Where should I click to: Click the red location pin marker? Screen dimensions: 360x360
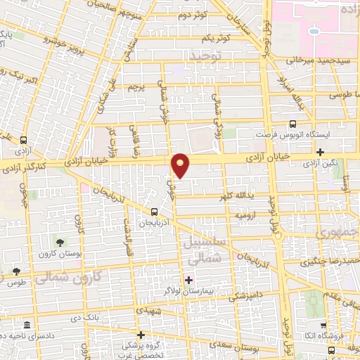(181, 165)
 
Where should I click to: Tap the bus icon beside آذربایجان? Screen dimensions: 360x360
(154, 211)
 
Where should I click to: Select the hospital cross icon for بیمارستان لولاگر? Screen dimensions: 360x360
(188, 280)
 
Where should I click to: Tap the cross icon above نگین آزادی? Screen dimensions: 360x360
(320, 152)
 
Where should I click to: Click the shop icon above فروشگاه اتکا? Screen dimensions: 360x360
(323, 326)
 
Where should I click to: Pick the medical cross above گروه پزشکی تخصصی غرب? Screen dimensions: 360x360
(141, 335)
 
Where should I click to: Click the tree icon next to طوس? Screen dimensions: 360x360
(15, 271)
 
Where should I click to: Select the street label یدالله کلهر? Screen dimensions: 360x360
(237, 195)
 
